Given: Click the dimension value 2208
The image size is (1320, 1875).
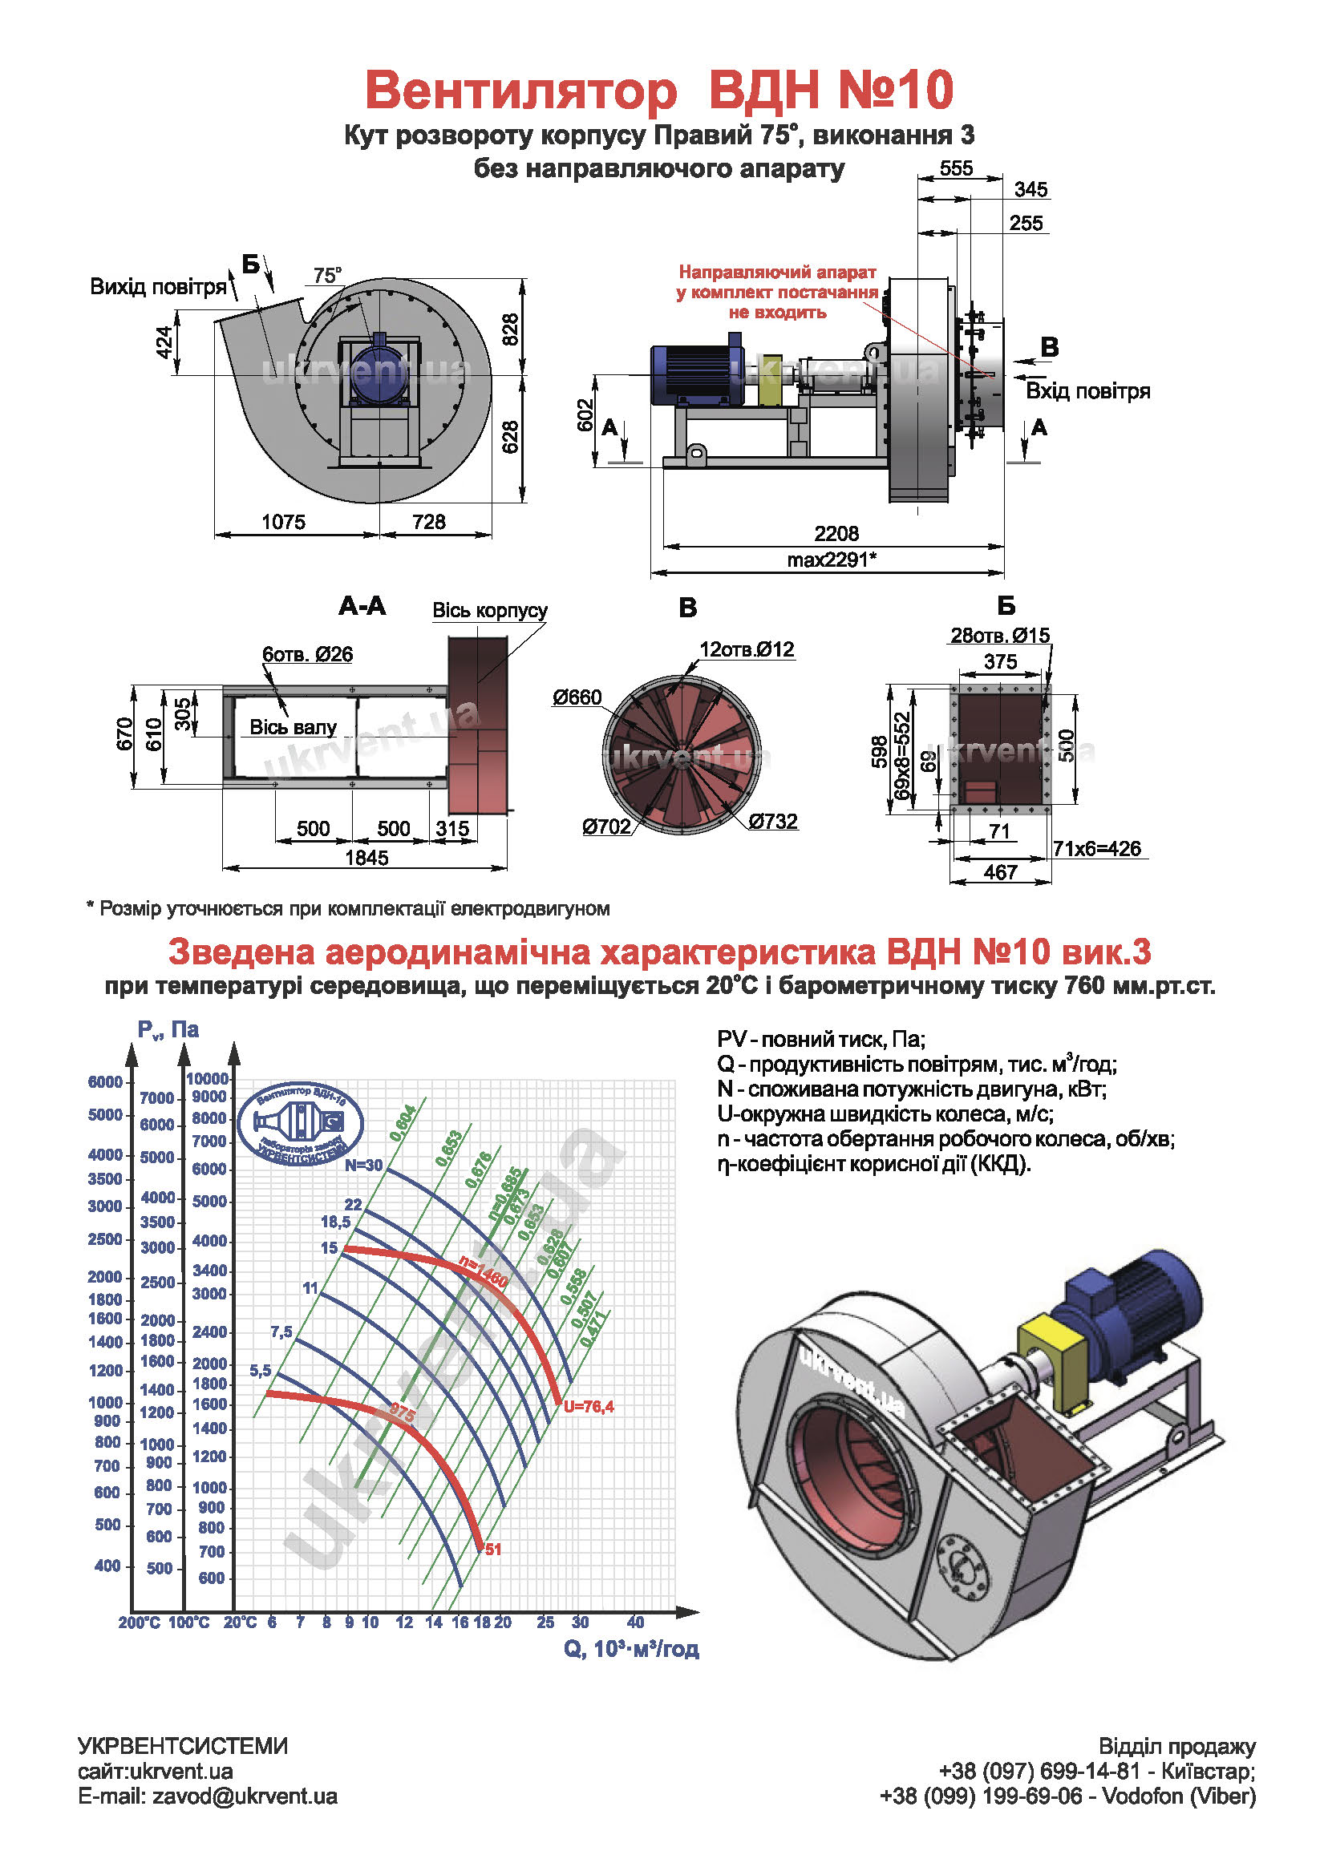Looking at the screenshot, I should coord(836,534).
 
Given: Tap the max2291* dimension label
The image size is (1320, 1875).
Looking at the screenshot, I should coord(832,560).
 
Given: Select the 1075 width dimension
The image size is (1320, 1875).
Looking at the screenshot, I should coord(282,522).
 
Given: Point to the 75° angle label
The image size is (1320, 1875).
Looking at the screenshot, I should coord(327,276).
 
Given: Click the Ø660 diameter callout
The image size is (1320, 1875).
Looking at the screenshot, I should coord(577,697).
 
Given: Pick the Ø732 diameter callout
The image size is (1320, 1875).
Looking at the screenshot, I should coord(773,822).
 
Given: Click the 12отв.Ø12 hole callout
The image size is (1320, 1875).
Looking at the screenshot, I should coord(747,649).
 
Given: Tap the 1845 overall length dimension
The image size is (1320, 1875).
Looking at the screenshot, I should coord(366,858).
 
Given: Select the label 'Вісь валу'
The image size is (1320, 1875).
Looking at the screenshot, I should coord(293,728).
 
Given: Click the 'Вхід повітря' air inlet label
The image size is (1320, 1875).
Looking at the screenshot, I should coord(1087,391).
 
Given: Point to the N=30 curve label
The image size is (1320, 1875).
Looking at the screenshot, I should coord(363,1166).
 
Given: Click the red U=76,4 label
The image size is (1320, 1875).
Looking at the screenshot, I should coord(588,1406).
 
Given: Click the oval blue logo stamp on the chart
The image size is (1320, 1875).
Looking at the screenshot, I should coord(301,1124).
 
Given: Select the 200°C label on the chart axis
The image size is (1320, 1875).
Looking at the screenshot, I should coord(139,1622).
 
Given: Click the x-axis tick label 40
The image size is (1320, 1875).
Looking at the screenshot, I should coord(635,1622).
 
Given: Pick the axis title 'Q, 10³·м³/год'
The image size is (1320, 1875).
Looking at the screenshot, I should coord(630,1650).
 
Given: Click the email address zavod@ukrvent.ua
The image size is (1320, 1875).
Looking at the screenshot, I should coord(245,1796).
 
